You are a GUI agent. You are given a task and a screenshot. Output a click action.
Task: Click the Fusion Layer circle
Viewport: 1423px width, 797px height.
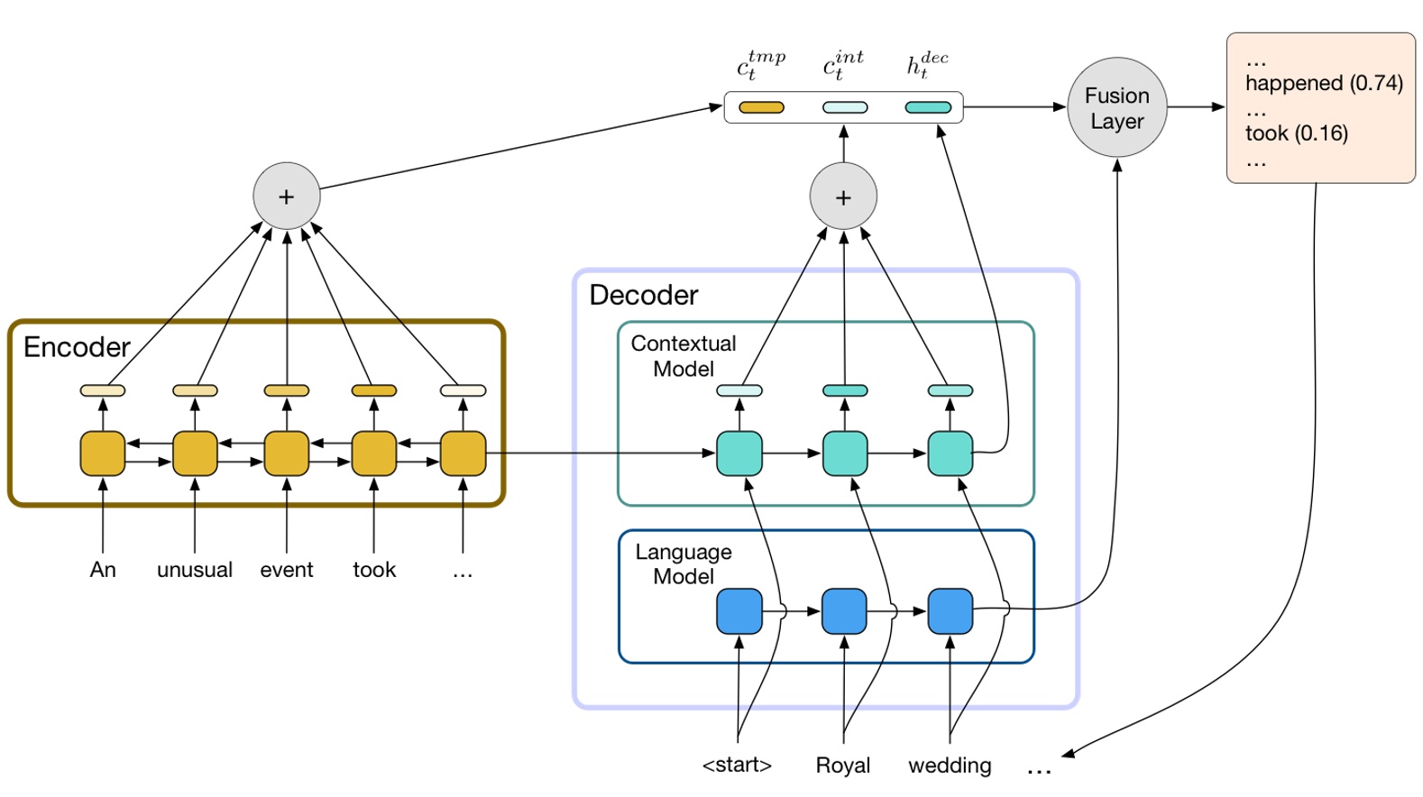click(x=1116, y=107)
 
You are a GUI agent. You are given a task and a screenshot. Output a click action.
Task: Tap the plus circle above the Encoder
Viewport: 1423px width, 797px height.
click(x=286, y=197)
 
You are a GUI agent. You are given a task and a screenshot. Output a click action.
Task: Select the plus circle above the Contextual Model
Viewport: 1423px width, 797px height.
click(x=843, y=197)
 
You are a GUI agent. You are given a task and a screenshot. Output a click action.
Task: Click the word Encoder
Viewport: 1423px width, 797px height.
click(x=77, y=347)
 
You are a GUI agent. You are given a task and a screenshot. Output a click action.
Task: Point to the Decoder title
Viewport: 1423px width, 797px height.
click(x=643, y=295)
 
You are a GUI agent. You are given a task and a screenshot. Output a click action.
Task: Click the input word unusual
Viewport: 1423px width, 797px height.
click(x=195, y=570)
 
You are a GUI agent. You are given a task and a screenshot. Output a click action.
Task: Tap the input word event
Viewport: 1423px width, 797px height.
click(x=287, y=570)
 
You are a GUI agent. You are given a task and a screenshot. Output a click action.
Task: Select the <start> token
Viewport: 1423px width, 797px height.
click(x=737, y=765)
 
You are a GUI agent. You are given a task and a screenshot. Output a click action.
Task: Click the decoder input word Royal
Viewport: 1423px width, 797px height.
click(x=842, y=765)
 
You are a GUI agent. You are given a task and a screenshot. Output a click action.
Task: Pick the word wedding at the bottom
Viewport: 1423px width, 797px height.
click(x=950, y=765)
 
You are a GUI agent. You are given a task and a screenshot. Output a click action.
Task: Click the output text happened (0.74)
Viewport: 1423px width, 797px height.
click(x=1323, y=83)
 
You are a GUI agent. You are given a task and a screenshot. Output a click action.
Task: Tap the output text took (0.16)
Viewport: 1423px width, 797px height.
click(x=1296, y=133)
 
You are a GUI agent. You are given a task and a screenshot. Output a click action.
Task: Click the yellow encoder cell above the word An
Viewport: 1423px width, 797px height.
click(x=103, y=453)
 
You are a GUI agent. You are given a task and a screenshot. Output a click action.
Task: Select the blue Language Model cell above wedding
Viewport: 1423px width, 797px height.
click(x=950, y=611)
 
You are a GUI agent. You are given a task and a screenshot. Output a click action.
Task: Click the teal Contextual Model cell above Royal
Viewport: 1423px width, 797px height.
click(x=845, y=453)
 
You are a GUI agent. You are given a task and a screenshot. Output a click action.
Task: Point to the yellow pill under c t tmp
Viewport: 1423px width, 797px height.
click(x=761, y=107)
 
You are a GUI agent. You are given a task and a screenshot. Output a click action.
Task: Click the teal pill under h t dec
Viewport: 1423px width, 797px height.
click(x=928, y=107)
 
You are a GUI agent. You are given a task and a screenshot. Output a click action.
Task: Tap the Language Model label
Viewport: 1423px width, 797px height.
click(x=683, y=564)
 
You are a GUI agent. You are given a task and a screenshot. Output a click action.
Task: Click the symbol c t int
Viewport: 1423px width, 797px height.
click(x=842, y=65)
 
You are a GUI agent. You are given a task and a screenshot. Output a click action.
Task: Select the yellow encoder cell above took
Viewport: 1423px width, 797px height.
click(x=374, y=453)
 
